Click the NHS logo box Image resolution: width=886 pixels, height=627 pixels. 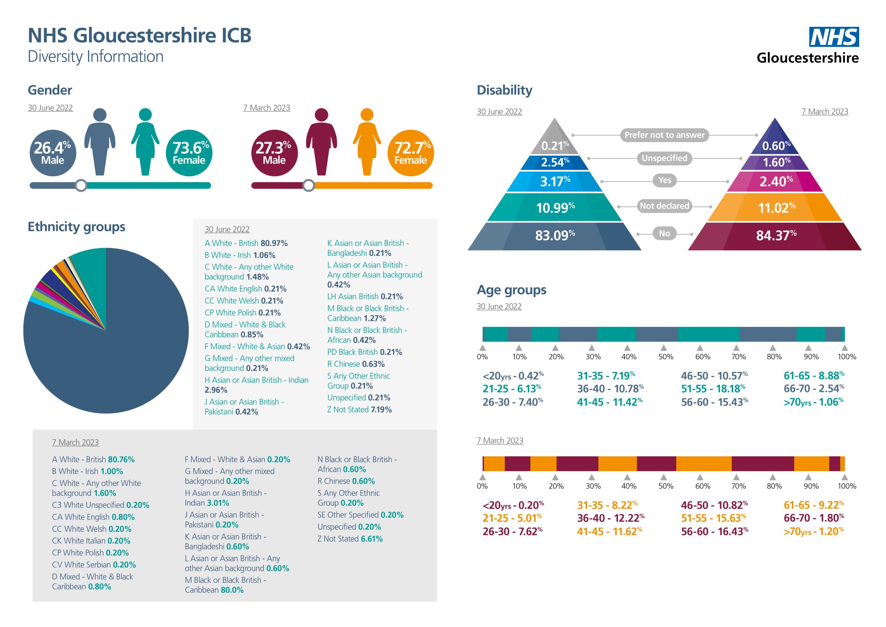(x=834, y=37)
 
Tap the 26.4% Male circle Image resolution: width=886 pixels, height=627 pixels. (x=53, y=153)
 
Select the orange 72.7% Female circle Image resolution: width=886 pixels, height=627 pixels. (x=411, y=153)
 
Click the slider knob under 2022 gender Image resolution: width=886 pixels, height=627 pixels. (x=81, y=185)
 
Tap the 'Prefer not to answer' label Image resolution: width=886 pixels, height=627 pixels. (x=664, y=135)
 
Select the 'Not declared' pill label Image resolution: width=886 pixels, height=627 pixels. (x=664, y=206)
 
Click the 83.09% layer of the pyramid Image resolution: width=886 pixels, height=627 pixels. (x=555, y=236)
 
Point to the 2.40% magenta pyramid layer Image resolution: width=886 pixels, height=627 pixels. (x=775, y=181)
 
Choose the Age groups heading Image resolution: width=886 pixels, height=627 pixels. (x=511, y=290)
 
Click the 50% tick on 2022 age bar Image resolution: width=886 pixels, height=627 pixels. (x=664, y=348)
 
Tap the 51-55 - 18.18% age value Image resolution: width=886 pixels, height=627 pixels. (x=713, y=389)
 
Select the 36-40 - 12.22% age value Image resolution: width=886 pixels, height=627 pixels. (x=610, y=518)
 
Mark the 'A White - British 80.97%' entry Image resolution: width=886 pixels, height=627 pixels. (x=246, y=243)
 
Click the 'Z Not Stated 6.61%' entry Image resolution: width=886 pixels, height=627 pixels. (x=350, y=539)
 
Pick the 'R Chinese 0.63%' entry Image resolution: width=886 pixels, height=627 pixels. (x=356, y=364)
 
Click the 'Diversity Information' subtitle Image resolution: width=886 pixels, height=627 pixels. (x=96, y=57)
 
